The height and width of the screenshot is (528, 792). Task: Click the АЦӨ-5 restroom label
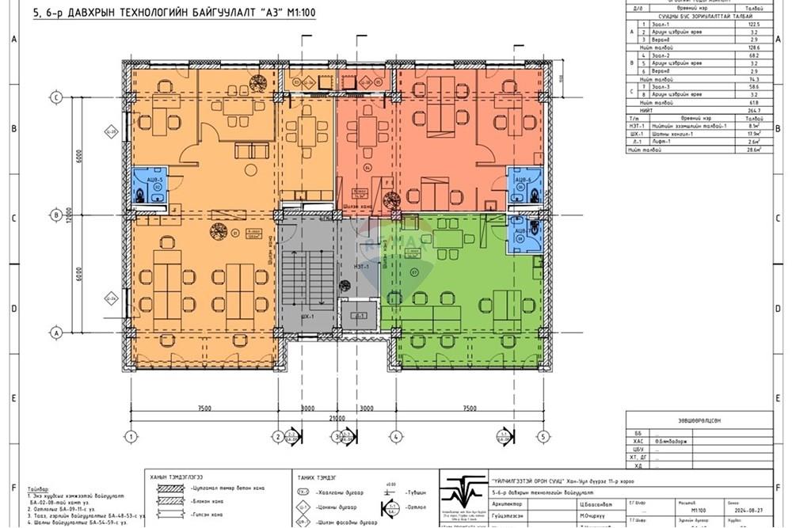pyautogui.click(x=156, y=180)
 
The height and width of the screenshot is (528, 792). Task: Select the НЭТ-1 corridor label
pyautogui.click(x=361, y=266)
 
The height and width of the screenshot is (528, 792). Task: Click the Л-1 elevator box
pyautogui.click(x=360, y=314)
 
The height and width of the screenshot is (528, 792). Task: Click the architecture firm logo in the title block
pyautogui.click(x=460, y=497)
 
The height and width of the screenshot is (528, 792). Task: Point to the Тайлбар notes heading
pyautogui.click(x=38, y=490)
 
